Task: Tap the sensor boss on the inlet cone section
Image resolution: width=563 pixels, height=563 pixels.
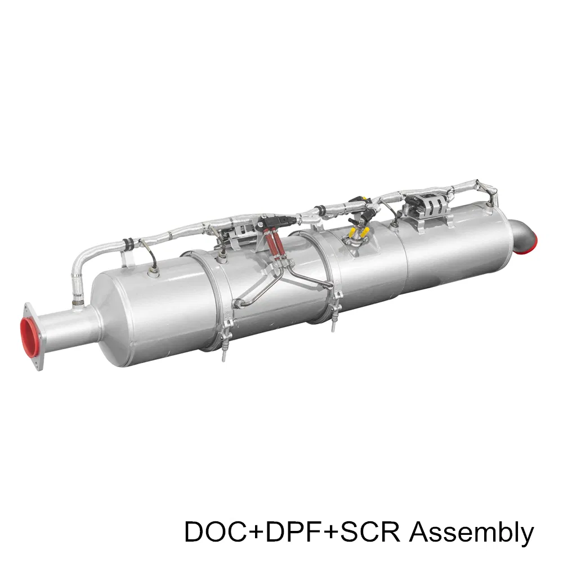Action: (x=153, y=273)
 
